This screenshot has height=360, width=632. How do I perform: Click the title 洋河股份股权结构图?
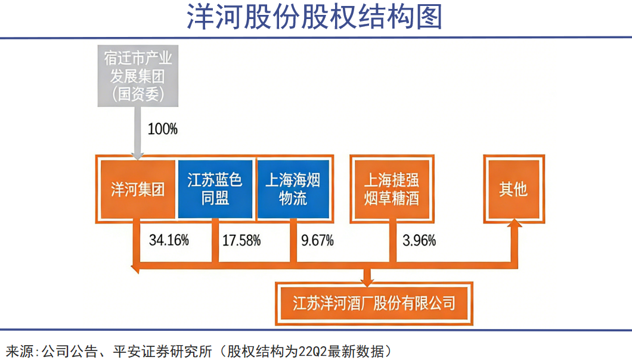pyautogui.click(x=315, y=17)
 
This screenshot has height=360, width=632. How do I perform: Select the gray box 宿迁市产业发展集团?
pyautogui.click(x=137, y=76)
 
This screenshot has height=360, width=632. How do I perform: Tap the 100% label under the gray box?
pyautogui.click(x=163, y=129)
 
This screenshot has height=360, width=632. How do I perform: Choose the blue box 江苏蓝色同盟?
pyautogui.click(x=215, y=190)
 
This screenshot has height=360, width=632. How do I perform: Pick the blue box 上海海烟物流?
pyautogui.click(x=293, y=190)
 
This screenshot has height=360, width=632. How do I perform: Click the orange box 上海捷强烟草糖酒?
pyautogui.click(x=391, y=190)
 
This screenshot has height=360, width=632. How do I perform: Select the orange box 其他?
pyautogui.click(x=513, y=190)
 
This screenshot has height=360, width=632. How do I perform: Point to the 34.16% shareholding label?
pyautogui.click(x=169, y=241)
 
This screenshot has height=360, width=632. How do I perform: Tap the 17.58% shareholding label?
pyautogui.click(x=241, y=241)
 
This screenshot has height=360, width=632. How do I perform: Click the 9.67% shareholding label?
pyautogui.click(x=317, y=241)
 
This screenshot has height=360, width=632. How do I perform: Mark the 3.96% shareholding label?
pyautogui.click(x=419, y=241)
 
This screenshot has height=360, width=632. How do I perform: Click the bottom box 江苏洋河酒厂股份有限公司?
pyautogui.click(x=374, y=303)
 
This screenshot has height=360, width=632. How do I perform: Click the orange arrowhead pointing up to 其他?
pyautogui.click(x=513, y=228)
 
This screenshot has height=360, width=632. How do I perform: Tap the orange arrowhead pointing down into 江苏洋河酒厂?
pyautogui.click(x=367, y=277)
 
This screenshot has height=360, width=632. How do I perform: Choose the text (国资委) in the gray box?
pyautogui.click(x=137, y=94)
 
